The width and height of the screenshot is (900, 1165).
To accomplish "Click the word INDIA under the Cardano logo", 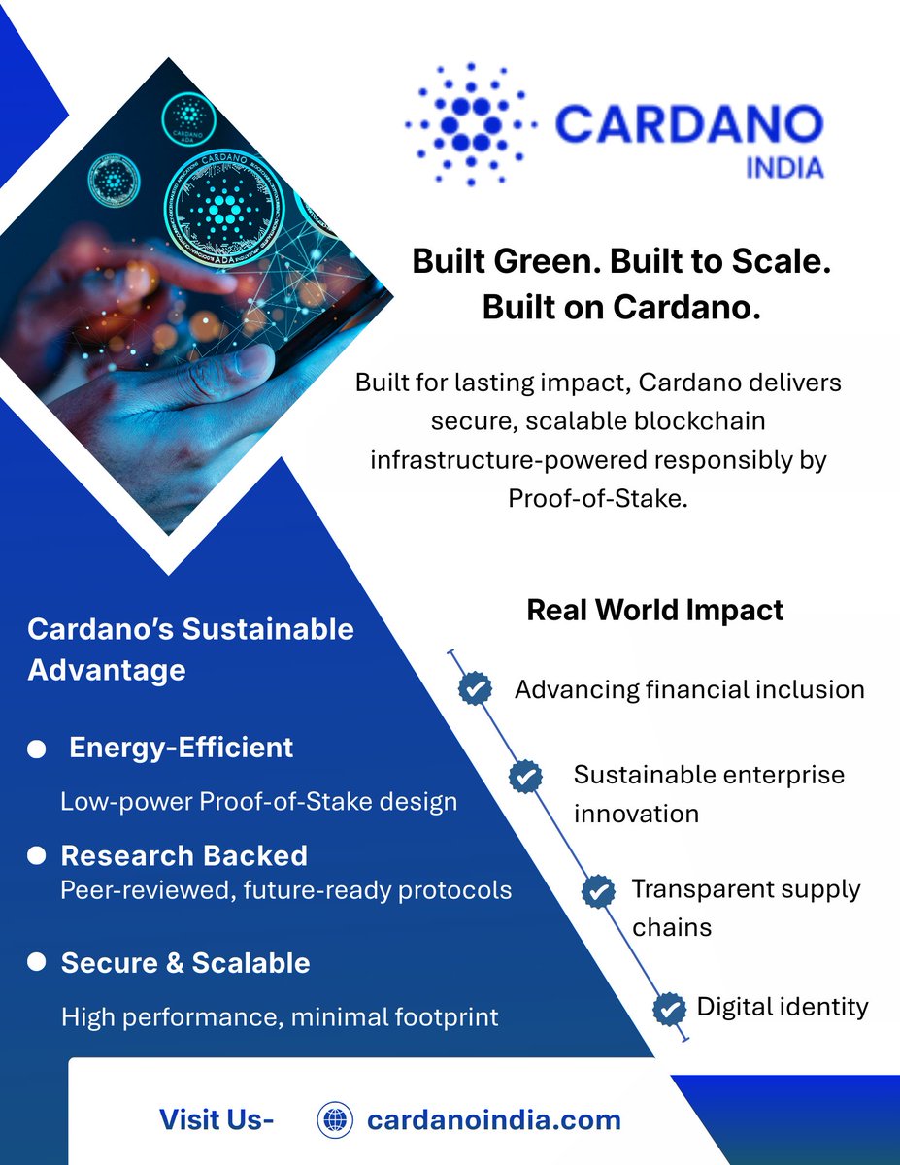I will click(x=784, y=167).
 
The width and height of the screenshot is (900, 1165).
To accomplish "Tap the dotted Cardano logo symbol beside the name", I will click(x=470, y=123).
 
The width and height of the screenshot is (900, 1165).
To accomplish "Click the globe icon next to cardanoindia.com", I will click(x=335, y=1119).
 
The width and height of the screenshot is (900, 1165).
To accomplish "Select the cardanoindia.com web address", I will click(x=493, y=1119).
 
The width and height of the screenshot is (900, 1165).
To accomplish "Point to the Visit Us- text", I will click(x=217, y=1119).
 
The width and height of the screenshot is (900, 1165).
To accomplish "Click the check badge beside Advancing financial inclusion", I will click(x=474, y=688).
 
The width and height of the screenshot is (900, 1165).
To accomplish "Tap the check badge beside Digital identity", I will click(x=668, y=1008).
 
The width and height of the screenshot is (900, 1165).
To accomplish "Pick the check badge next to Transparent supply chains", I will click(x=597, y=889).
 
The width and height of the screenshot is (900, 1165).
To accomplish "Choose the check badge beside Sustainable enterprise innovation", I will click(x=525, y=776).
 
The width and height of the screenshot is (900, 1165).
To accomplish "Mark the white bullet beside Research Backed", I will click(x=37, y=855).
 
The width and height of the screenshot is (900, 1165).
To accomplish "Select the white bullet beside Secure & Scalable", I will click(x=37, y=962).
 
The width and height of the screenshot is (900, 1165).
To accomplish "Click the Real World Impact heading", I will click(x=654, y=610).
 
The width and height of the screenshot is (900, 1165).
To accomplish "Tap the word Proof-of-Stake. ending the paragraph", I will click(x=597, y=497).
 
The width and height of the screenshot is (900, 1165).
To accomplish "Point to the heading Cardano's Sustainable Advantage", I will click(x=190, y=649).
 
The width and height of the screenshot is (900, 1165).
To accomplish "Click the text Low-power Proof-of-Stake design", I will click(x=258, y=802).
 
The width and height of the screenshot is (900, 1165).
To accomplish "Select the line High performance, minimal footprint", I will click(x=280, y=1016).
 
